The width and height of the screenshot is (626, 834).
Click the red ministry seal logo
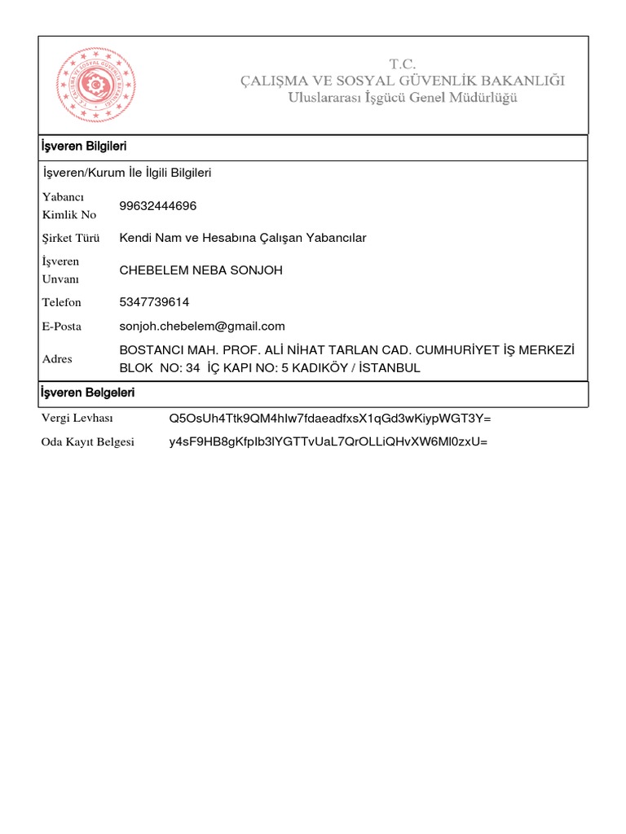tap(95, 85)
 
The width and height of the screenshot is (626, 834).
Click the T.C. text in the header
tap(402, 64)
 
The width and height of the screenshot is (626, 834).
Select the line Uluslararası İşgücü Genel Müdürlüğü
tap(402, 98)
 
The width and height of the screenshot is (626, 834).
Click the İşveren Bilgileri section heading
tap(83, 147)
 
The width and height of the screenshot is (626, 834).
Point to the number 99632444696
tap(157, 206)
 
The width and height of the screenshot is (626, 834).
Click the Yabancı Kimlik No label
tap(69, 206)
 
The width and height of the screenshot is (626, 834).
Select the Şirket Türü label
tap(71, 239)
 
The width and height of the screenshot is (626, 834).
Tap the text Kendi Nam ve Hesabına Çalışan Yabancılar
tap(243, 238)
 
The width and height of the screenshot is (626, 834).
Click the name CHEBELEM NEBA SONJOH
tap(201, 270)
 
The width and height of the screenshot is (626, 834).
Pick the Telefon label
tap(62, 302)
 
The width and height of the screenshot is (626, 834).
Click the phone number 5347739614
tap(154, 302)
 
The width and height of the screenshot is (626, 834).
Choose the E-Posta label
tap(64, 327)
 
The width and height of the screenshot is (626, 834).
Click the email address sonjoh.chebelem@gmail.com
tap(202, 327)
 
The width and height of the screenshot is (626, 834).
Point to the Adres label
tap(57, 359)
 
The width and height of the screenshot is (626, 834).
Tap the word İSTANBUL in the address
tap(390, 368)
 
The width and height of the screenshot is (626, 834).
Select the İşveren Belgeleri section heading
tap(87, 393)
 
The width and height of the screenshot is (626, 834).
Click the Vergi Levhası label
tap(77, 419)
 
